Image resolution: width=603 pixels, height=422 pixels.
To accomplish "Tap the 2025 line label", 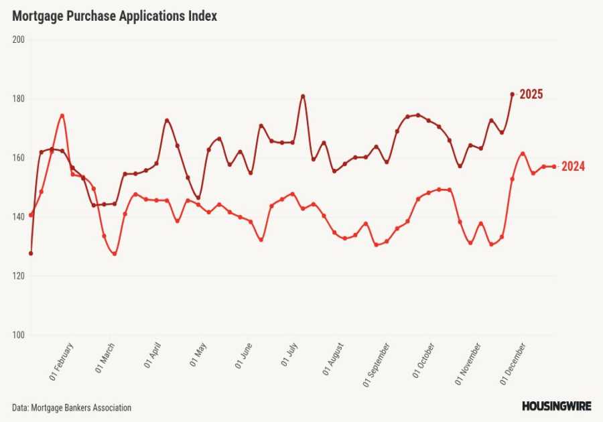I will (x=531, y=94).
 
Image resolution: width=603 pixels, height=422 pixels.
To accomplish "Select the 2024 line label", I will (x=573, y=167).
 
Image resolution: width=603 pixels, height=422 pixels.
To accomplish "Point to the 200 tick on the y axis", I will (x=18, y=40).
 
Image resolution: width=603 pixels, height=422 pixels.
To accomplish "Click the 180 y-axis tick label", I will (x=18, y=98).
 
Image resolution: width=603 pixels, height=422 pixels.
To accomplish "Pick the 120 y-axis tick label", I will (x=18, y=276).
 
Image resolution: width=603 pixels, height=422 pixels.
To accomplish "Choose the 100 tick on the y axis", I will (x=18, y=335).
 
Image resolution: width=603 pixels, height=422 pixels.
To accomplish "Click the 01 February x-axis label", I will (x=62, y=362).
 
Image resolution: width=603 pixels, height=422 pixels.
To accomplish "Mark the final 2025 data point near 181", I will (x=513, y=94).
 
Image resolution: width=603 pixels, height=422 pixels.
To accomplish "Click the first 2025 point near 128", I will (x=31, y=253).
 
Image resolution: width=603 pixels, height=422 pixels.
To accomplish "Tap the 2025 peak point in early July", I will (x=303, y=96).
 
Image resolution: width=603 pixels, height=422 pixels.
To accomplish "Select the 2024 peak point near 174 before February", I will (x=62, y=115).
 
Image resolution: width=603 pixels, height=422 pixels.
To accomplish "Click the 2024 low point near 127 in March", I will (x=115, y=254).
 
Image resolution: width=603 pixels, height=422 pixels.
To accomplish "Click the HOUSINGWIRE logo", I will (x=556, y=406).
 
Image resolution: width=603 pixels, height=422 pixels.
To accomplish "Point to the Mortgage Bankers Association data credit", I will (x=71, y=407).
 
